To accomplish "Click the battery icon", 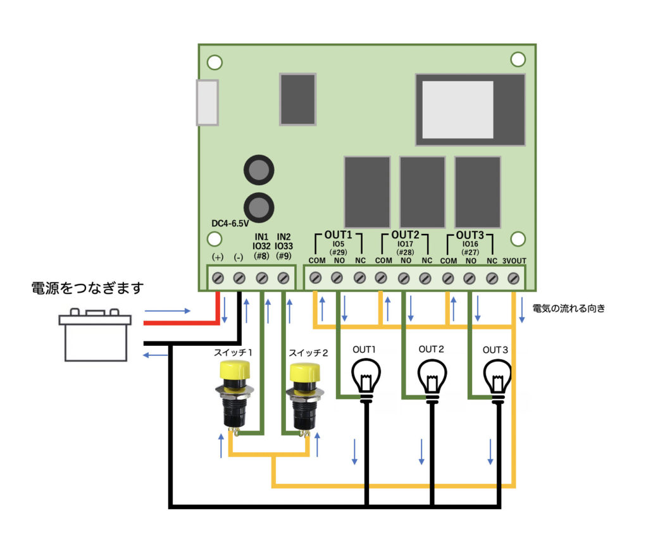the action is coord(95,335).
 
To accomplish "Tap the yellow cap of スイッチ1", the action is coord(235,371).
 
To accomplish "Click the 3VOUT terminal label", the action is coord(514,261).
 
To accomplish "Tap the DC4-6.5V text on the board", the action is coord(230,223).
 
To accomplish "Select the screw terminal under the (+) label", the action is coord(218,278).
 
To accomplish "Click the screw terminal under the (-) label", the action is coord(239,278).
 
